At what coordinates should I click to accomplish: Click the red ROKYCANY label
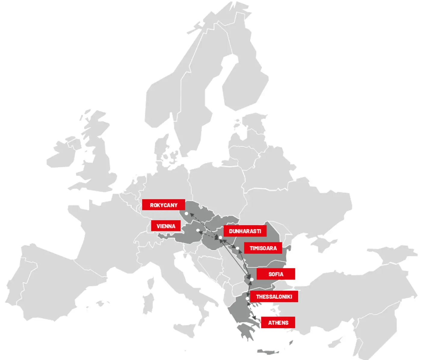point(163,205)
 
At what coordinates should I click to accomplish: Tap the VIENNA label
point(166,226)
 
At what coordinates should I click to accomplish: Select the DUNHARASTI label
point(245,231)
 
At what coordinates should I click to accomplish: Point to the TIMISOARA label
point(263,248)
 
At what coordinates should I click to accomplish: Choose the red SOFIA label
point(275,274)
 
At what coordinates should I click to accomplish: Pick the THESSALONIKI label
point(274,297)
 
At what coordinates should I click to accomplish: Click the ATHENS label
point(278,323)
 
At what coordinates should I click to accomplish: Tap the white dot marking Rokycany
point(186,214)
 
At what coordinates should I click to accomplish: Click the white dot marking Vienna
point(198,230)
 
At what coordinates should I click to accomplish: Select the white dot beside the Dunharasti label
point(220,238)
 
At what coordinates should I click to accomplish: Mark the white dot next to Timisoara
point(238,248)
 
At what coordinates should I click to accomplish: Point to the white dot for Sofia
point(252,279)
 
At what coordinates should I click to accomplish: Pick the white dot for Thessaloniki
point(247,299)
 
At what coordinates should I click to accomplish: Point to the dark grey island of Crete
point(269,352)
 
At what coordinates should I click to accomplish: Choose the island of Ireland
point(62,156)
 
